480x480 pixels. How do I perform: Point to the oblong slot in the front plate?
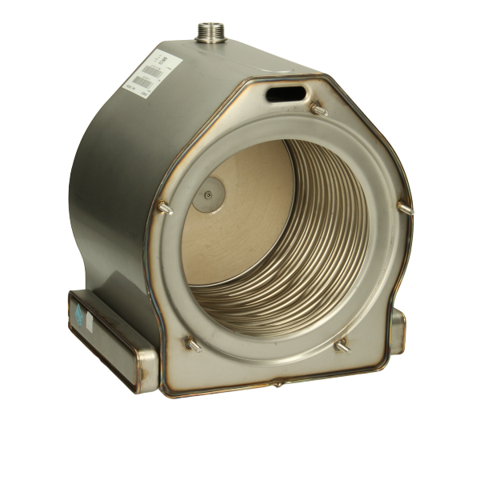coord(286,94)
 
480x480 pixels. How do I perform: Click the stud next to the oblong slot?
coord(319,110)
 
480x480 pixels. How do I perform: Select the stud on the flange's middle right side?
coord(404,206)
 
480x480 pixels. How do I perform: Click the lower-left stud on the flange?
coord(193,346)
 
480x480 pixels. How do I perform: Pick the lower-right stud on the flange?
coord(342,346)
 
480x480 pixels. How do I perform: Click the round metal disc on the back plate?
coord(208,194)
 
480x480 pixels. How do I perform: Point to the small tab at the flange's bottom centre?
coord(278,385)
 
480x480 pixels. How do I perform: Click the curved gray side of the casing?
coord(112,184)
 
